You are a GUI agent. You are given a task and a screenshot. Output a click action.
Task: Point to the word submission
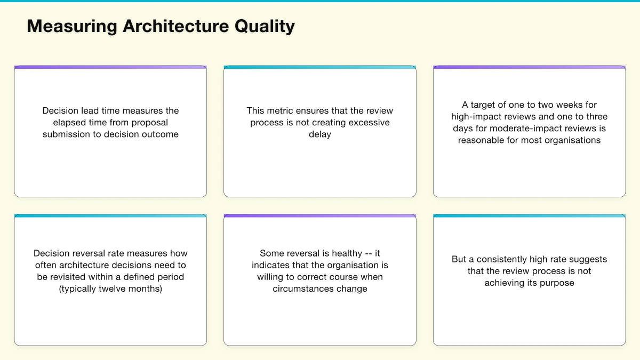(67, 134)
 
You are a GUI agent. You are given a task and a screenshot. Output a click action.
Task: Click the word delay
(320, 134)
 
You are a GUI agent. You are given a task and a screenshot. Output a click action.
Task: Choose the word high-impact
(477, 117)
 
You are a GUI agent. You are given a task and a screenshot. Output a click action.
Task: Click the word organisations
(571, 140)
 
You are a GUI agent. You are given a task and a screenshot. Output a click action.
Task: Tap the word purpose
(556, 283)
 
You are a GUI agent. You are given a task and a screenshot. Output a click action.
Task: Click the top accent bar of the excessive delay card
(320, 68)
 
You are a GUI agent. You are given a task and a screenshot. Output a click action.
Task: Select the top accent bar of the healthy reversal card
(320, 216)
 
